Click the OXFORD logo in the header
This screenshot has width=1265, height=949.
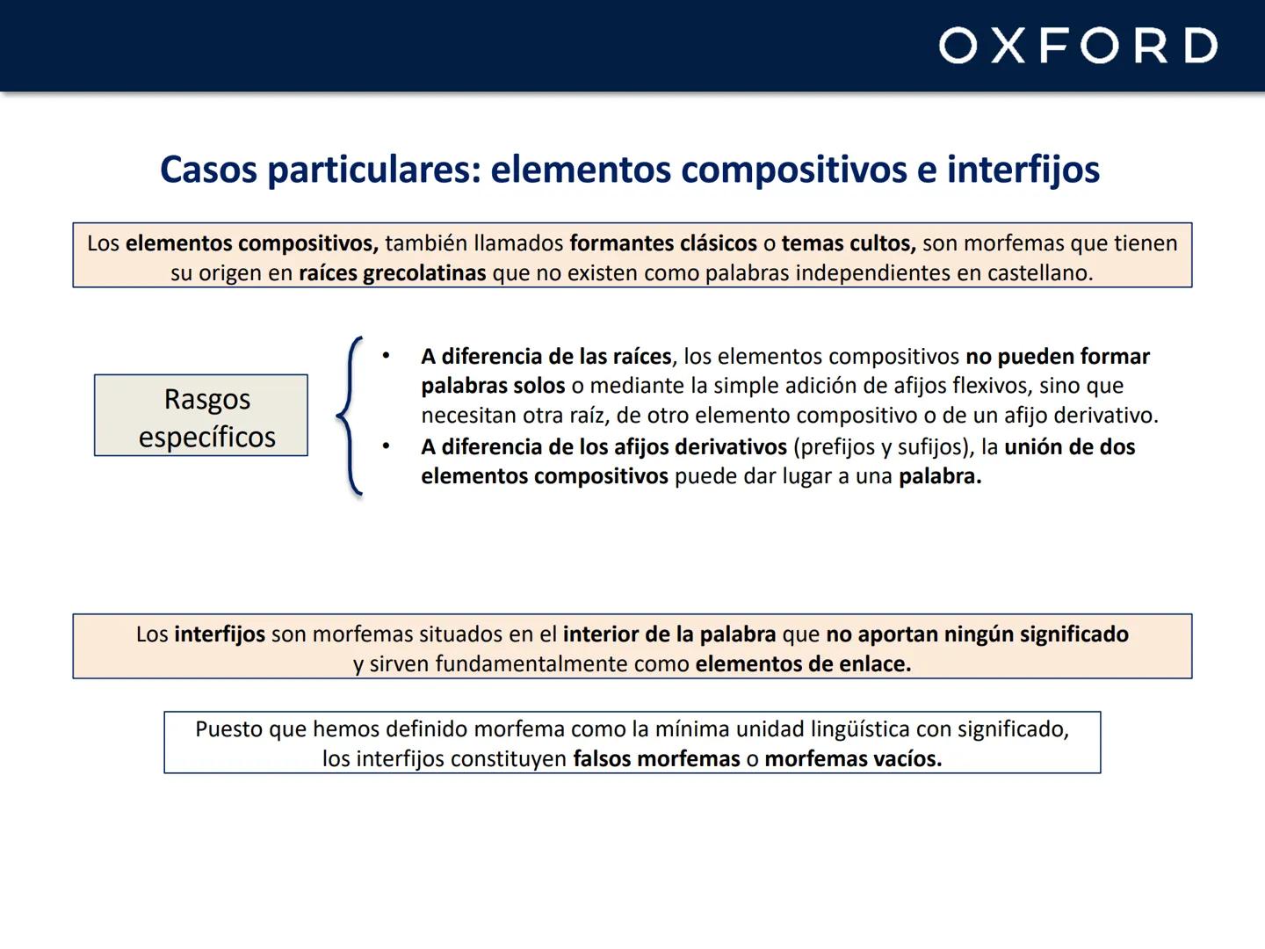click(1078, 46)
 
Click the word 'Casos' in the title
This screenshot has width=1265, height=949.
click(208, 169)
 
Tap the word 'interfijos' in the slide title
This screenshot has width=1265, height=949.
click(1023, 169)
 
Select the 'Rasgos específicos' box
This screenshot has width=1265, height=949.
click(201, 416)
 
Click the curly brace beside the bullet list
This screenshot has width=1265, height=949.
click(350, 416)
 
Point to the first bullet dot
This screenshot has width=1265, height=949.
click(385, 356)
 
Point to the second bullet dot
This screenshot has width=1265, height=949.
click(385, 446)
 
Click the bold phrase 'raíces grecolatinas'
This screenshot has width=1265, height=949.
click(392, 273)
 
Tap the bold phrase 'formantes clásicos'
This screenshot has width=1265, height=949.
click(662, 243)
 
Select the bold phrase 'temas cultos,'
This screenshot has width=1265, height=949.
click(849, 243)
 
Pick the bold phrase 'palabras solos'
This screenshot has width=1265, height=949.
click(492, 386)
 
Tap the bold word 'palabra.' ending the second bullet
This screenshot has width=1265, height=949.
click(939, 476)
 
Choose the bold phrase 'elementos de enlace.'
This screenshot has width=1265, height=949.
click(803, 664)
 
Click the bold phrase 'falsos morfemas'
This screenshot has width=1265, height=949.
click(656, 759)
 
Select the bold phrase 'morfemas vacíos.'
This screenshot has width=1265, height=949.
click(852, 759)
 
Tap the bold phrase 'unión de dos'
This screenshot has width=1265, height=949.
click(1069, 447)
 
